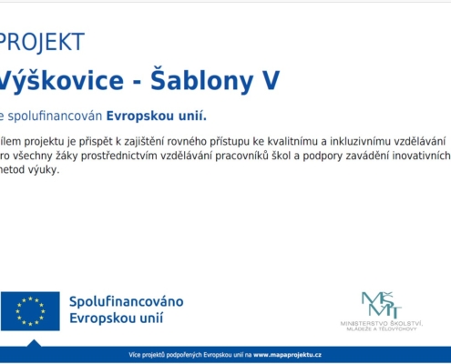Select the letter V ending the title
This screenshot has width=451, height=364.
point(270,81)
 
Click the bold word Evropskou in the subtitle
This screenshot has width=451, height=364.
point(138,116)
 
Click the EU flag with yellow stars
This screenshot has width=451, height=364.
point(30,311)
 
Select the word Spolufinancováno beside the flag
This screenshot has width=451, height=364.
point(127,301)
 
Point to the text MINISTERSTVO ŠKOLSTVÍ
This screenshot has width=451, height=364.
point(380,323)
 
